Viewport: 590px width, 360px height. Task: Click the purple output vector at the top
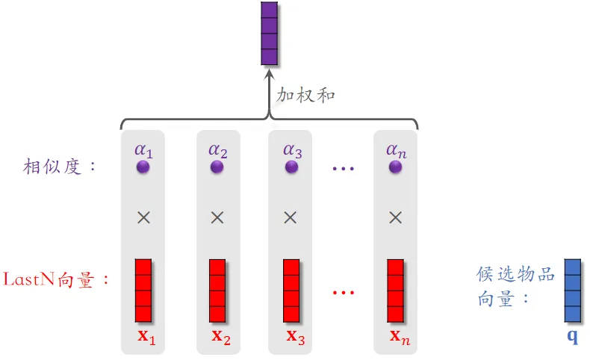269,34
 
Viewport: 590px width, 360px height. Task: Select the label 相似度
60,166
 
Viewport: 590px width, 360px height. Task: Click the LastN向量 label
57,280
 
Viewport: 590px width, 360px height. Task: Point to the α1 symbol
143,149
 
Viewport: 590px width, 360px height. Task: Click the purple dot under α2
217,167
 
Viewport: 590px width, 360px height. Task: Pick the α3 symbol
292,149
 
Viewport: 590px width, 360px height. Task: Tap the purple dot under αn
396,167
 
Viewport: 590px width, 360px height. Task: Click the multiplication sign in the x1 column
143,217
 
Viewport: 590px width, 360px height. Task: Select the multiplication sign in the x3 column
292,217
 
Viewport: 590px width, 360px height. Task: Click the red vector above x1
143,291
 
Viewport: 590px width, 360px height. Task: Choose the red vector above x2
217,291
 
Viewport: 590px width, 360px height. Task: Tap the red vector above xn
396,291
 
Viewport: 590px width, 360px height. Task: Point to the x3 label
296,336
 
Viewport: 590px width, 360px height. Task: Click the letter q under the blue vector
573,337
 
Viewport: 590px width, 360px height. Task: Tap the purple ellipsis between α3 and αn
343,169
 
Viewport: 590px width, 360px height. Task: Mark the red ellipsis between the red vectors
343,292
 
